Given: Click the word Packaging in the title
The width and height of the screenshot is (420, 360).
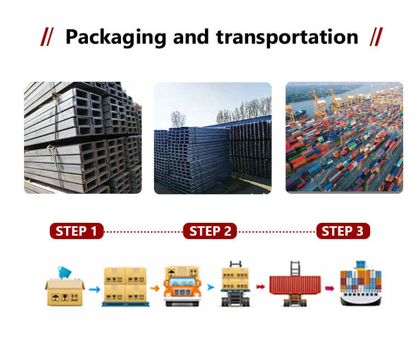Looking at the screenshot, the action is click(x=115, y=38).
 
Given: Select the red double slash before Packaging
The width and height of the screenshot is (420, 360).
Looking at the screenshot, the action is click(x=48, y=38).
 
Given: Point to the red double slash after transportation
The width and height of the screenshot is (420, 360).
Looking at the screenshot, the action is click(x=376, y=38).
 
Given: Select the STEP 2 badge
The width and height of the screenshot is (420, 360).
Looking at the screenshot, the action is click(x=210, y=231).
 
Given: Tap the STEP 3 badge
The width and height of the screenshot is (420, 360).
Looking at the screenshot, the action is click(x=343, y=231).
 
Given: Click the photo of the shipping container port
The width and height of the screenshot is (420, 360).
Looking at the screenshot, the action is click(x=344, y=138).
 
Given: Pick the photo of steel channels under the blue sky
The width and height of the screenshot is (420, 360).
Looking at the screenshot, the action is click(x=213, y=138).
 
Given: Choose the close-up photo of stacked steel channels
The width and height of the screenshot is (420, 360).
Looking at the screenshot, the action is click(x=82, y=138).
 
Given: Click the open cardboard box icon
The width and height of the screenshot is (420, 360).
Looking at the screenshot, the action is click(x=64, y=287).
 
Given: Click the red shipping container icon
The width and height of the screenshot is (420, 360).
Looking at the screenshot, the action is click(x=295, y=286).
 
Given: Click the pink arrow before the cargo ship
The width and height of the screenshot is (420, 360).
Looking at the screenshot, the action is click(x=330, y=288).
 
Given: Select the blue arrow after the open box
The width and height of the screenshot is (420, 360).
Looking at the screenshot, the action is click(x=94, y=289).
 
